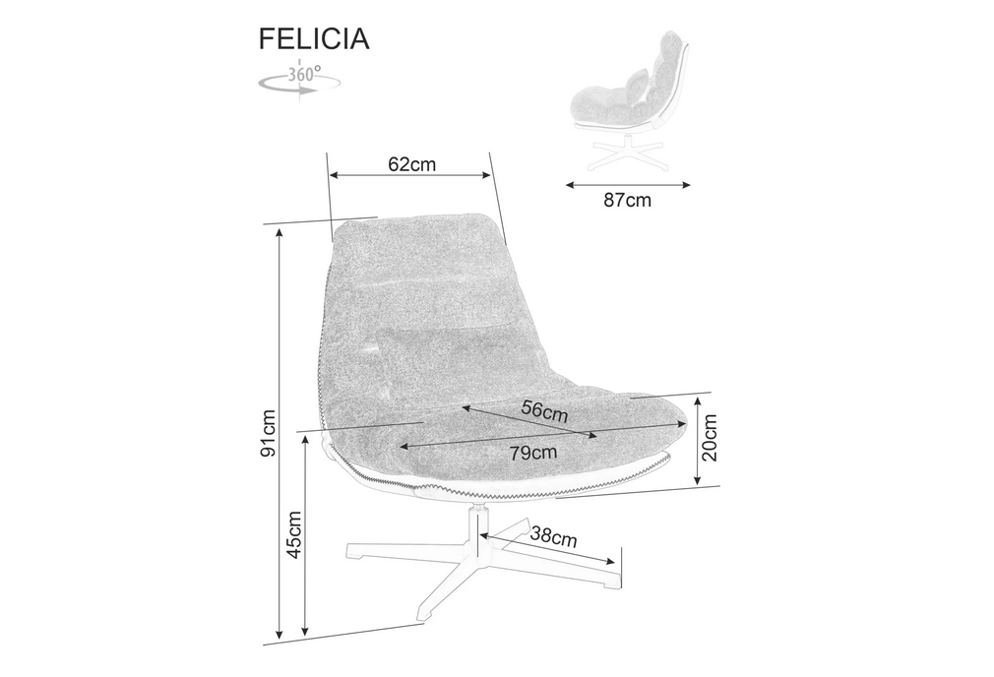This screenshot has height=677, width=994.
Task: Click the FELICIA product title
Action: pos(314,38)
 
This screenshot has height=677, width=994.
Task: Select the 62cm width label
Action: pos(412,164)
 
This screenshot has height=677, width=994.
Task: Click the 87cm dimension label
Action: pos(627,201)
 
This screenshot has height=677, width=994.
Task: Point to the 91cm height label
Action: pos(269,434)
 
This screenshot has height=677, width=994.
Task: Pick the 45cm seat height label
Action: pos(294,535)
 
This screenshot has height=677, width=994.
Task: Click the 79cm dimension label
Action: pos(533,453)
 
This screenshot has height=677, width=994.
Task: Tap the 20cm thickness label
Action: pos(710,438)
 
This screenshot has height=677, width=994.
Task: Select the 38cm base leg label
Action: pos(553,536)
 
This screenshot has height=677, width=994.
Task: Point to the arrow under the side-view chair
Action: pos(628,185)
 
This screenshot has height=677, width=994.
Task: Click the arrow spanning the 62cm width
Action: pos(410,175)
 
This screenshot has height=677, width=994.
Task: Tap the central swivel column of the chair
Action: pos(473,530)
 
